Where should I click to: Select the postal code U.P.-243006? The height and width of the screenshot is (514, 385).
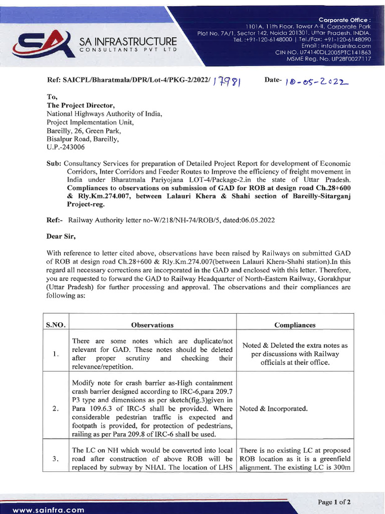[66, 148]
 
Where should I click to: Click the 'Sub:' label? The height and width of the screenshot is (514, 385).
[54, 164]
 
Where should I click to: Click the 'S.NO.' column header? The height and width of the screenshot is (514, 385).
[57, 325]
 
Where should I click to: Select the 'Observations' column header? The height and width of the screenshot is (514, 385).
[152, 325]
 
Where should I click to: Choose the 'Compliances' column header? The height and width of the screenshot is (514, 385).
[295, 325]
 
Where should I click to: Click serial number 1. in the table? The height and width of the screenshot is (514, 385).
[57, 354]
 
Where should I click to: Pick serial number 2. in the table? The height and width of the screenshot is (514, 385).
[57, 409]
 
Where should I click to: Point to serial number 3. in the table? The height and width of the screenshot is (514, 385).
[57, 459]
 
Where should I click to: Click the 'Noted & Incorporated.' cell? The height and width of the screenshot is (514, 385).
[274, 409]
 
